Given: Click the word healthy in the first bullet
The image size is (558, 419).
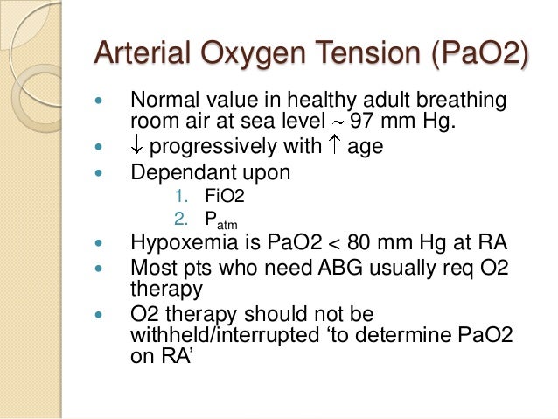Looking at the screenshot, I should pos(297,101).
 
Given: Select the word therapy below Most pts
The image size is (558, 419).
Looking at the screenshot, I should pos(166,288).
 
